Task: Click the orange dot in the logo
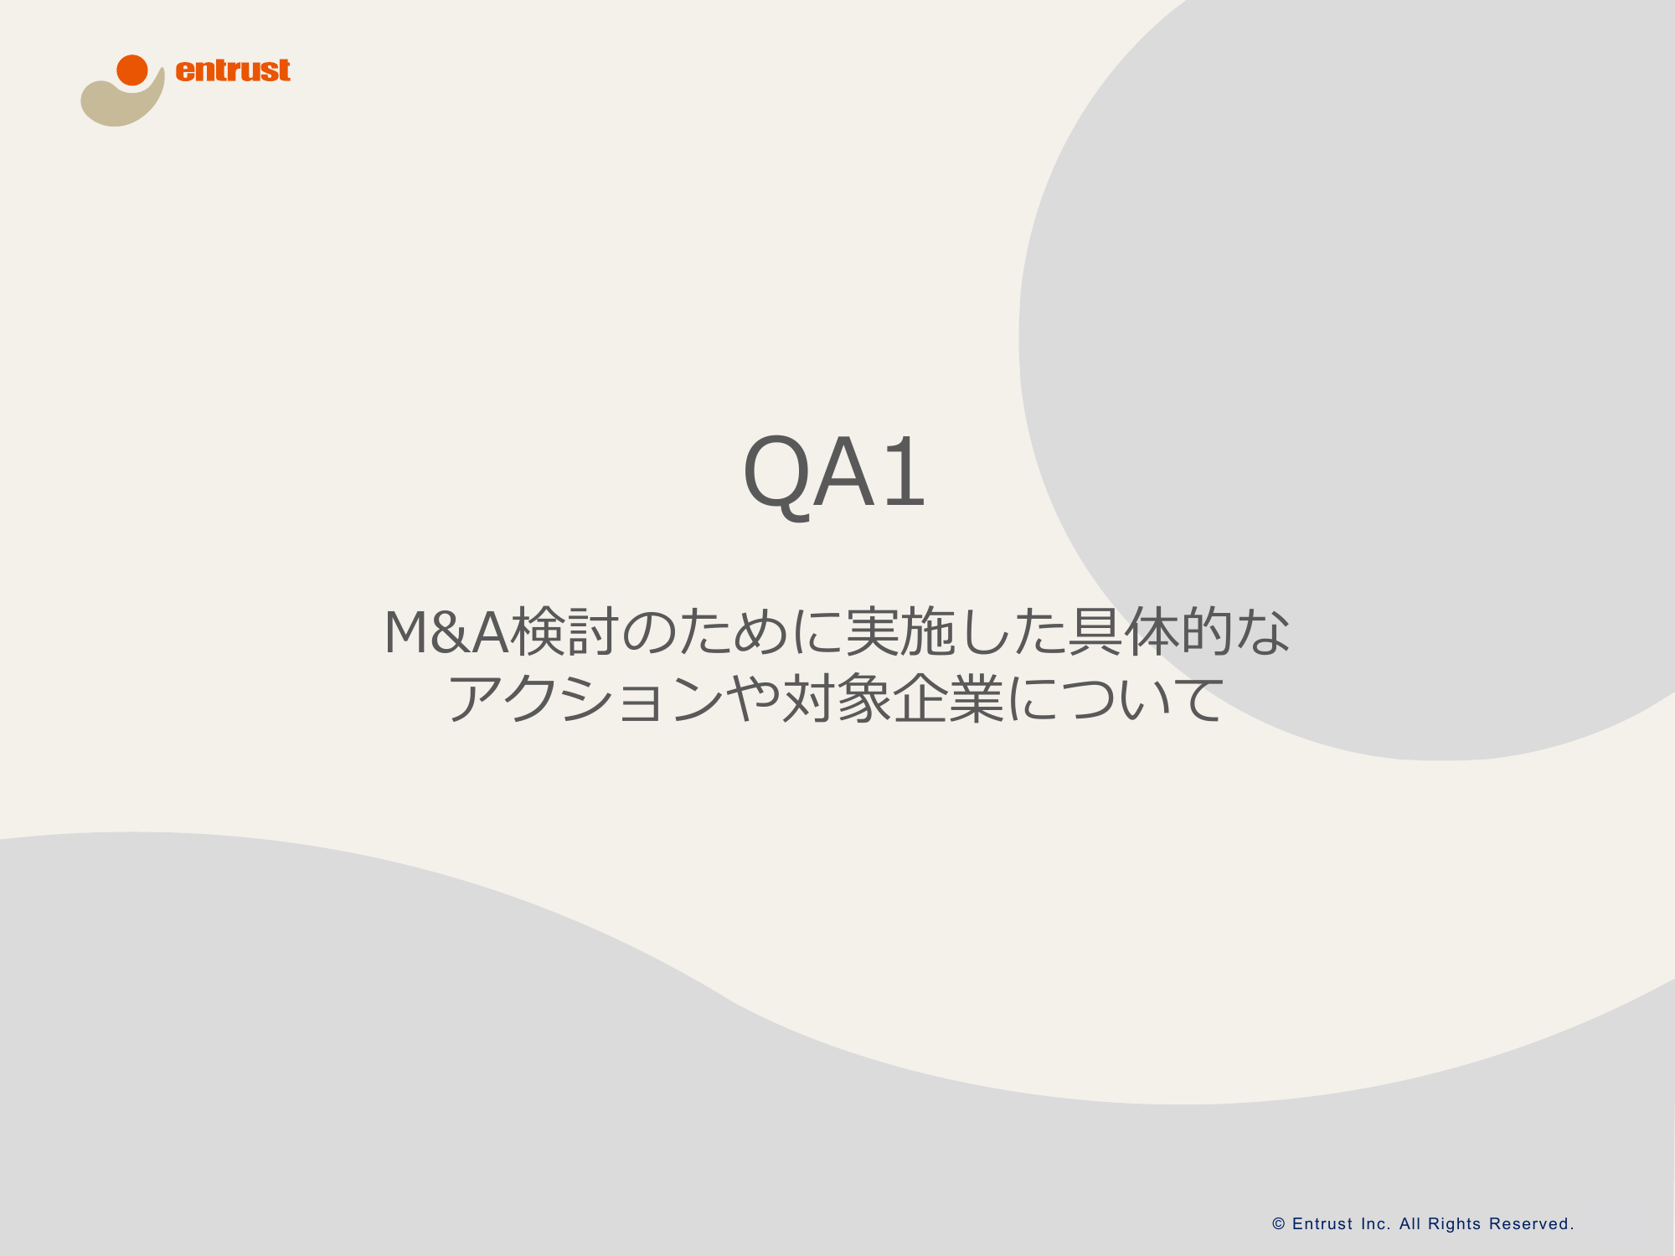click(x=132, y=70)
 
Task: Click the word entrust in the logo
click(x=233, y=70)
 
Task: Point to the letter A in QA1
click(x=844, y=472)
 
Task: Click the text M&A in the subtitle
click(x=446, y=632)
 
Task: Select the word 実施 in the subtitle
click(x=901, y=632)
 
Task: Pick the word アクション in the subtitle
click(x=586, y=699)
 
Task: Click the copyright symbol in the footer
click(x=1279, y=1224)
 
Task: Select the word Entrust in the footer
click(x=1322, y=1224)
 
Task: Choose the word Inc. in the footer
click(x=1376, y=1224)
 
